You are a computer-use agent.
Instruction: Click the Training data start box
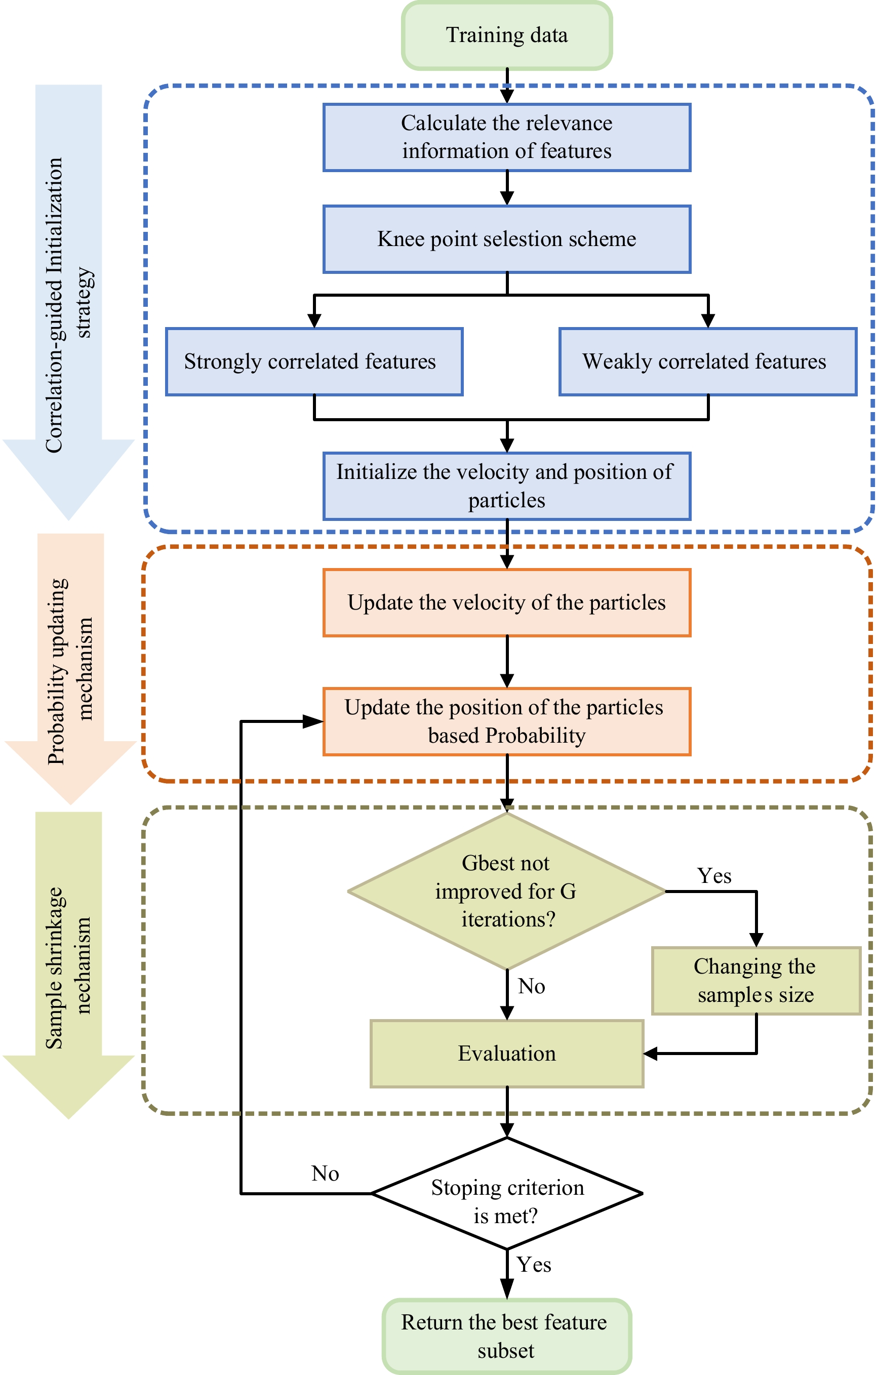[506, 35]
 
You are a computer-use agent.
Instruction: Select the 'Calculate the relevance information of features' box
[506, 137]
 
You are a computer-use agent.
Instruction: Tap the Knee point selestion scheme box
[506, 238]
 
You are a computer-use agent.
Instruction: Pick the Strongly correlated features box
[314, 361]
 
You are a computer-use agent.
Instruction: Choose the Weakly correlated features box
[707, 361]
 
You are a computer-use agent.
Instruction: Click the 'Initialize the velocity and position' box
[506, 486]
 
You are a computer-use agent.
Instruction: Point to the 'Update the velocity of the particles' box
[506, 602]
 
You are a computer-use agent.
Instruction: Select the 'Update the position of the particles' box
[506, 721]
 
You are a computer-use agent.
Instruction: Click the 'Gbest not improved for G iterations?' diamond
[506, 891]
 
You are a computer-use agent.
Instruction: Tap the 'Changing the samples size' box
[756, 981]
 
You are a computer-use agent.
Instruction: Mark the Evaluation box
[506, 1054]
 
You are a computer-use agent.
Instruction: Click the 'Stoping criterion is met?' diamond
[506, 1193]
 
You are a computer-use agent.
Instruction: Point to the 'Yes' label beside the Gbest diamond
[714, 876]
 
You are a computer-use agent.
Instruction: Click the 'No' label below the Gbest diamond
[532, 986]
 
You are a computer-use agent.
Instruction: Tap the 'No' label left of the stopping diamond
[326, 1174]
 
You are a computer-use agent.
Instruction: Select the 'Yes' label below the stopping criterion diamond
[534, 1265]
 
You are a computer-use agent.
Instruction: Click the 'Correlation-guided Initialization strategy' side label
[68, 305]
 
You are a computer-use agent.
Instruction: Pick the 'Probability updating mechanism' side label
[70, 671]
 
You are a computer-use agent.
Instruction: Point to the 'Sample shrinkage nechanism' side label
[68, 968]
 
